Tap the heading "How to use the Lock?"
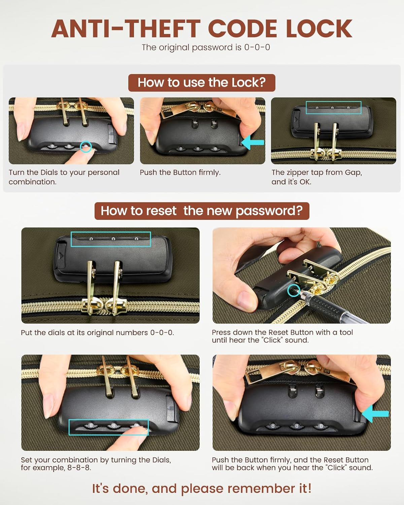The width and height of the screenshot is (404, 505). click(x=202, y=82)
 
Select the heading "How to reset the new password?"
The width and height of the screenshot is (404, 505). click(x=202, y=211)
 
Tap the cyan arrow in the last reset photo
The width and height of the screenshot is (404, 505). click(x=375, y=413)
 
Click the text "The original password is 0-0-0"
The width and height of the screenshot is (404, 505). click(x=206, y=47)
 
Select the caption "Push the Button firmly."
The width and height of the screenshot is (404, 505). click(x=180, y=172)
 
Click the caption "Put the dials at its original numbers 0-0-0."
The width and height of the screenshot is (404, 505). click(x=97, y=333)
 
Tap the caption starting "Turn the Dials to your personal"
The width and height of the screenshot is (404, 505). click(x=64, y=177)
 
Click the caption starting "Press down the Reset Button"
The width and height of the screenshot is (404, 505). click(x=282, y=336)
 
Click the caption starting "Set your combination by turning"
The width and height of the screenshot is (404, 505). click(x=96, y=464)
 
